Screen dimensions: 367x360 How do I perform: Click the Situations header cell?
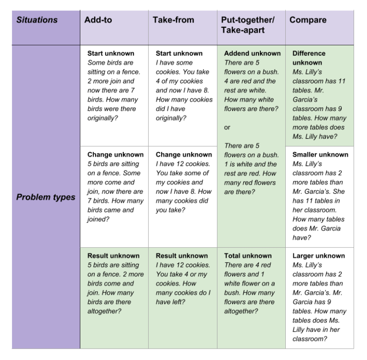46,27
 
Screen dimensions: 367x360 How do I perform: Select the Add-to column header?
114,27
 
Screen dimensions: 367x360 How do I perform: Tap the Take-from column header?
183,27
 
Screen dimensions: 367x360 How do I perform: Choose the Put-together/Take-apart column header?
251,27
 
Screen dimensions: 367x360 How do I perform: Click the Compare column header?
319,27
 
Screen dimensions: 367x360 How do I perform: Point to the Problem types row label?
46,196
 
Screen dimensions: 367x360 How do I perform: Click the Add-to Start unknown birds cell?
114,95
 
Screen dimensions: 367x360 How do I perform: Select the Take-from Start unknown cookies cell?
183,95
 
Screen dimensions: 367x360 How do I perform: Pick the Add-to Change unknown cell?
114,196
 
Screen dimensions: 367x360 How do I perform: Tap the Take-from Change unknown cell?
183,196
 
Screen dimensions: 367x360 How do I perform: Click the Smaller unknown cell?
319,196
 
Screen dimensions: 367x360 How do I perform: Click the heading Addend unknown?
252,53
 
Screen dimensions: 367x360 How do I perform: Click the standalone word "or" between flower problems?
227,127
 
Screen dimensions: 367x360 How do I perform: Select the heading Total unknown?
248,256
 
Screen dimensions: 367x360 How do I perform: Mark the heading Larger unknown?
318,256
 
